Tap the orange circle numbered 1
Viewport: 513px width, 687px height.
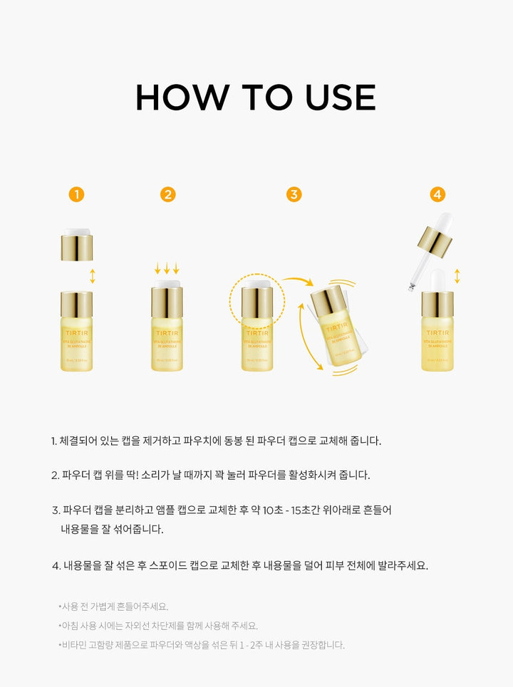(x=77, y=194)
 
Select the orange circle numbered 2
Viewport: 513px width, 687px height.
(x=167, y=194)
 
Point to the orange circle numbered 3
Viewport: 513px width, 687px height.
(x=294, y=194)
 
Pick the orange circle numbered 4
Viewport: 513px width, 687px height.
(x=437, y=194)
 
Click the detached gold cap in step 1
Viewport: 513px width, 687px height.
(x=77, y=246)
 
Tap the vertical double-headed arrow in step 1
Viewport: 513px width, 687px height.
(x=93, y=276)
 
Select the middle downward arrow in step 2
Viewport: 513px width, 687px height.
(x=167, y=268)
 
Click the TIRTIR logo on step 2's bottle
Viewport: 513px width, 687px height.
(x=167, y=333)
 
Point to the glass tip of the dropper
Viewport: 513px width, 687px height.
(x=412, y=286)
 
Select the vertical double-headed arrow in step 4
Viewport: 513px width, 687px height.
(x=457, y=276)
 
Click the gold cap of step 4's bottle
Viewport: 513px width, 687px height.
(x=437, y=304)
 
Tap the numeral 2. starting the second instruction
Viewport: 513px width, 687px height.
(x=55, y=475)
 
